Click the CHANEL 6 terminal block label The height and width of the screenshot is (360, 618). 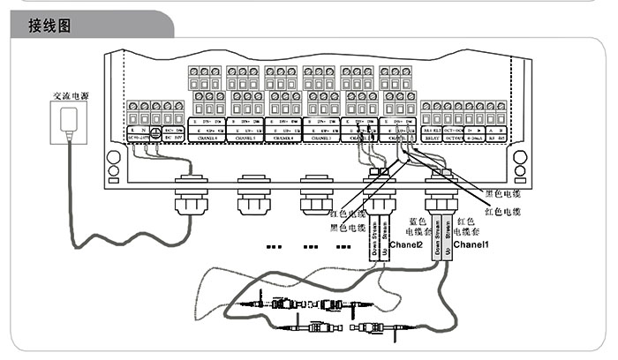point(207,139)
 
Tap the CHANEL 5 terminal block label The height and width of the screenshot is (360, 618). point(246,139)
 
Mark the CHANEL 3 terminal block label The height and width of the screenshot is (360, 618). point(322,139)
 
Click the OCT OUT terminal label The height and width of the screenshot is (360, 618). point(454,139)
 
